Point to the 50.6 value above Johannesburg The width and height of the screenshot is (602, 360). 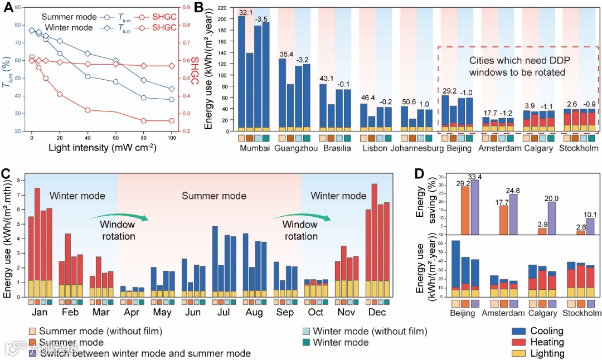pos(408,102)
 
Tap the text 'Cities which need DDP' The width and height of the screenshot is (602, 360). pos(516,61)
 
